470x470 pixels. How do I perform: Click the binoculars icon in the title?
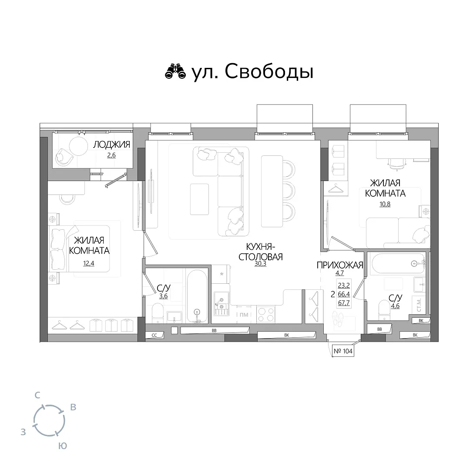point(175,72)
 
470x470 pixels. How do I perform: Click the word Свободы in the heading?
point(269,72)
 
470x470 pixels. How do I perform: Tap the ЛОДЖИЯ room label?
point(111,144)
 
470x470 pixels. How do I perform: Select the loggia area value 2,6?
point(111,155)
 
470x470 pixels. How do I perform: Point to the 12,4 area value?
point(89,263)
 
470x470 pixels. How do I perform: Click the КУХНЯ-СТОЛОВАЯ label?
point(261,252)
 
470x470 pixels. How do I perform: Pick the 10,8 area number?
point(385,205)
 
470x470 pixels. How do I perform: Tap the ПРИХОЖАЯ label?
point(340,265)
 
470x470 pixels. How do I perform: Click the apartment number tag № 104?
point(343,351)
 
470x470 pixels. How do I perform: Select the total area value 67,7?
point(344,303)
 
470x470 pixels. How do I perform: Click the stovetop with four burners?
point(265,315)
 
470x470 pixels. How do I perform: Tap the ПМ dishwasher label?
point(244,315)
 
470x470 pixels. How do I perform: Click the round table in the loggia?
point(78,146)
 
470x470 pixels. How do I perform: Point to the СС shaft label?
point(154,336)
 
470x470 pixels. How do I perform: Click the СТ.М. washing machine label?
point(419,305)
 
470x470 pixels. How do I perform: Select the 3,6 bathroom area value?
point(163,296)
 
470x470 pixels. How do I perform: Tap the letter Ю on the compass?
point(62,446)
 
